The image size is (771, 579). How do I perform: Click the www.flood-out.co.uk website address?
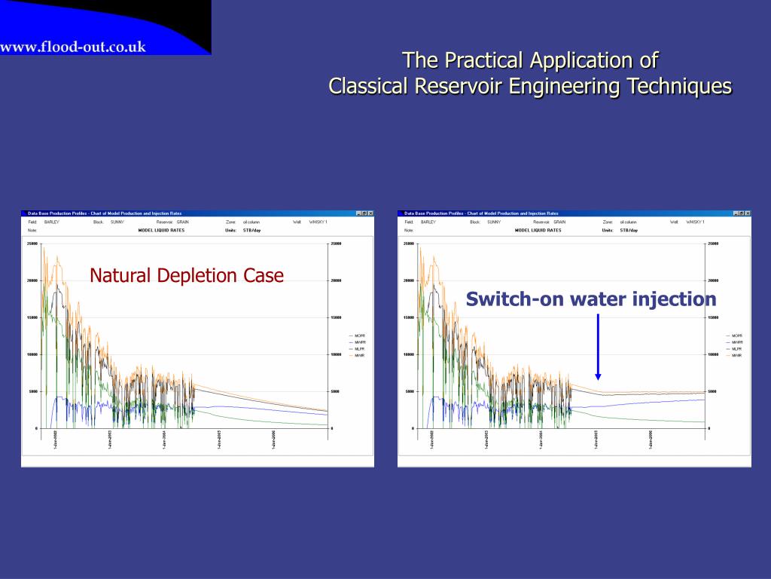pyautogui.click(x=73, y=47)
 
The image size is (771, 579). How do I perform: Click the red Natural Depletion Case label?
pyautogui.click(x=187, y=276)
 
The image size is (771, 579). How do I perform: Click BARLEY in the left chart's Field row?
pyautogui.click(x=51, y=222)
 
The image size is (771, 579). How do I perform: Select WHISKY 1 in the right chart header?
pyautogui.click(x=695, y=222)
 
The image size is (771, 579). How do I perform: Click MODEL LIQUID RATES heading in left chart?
pyautogui.click(x=161, y=230)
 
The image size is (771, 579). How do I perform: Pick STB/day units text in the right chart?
pyautogui.click(x=629, y=230)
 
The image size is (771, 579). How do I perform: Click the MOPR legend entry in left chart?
pyautogui.click(x=359, y=335)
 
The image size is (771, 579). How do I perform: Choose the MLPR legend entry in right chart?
pyautogui.click(x=736, y=348)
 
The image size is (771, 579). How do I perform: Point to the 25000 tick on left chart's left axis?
pyautogui.click(x=32, y=244)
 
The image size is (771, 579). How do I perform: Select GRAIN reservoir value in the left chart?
pyautogui.click(x=183, y=222)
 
